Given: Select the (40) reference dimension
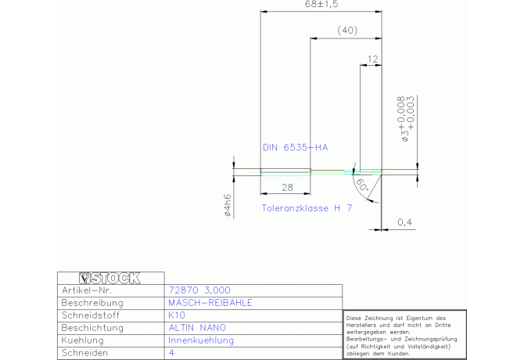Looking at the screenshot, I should (346, 31).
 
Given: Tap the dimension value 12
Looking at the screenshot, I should (371, 59).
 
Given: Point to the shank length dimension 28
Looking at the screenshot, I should (285, 188).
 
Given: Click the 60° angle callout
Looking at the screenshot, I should (363, 185).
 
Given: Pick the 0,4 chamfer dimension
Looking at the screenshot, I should (404, 223).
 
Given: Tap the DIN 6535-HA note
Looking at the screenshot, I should (296, 147).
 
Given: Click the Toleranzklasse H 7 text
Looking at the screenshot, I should (306, 208).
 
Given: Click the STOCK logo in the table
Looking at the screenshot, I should (110, 278).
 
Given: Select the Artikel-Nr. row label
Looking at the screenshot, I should (88, 290).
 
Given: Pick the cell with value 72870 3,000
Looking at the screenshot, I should (199, 290).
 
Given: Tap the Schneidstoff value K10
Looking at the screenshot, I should (176, 315).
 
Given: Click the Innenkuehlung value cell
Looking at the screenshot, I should (201, 340).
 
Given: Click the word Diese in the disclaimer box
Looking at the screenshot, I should (354, 318).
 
